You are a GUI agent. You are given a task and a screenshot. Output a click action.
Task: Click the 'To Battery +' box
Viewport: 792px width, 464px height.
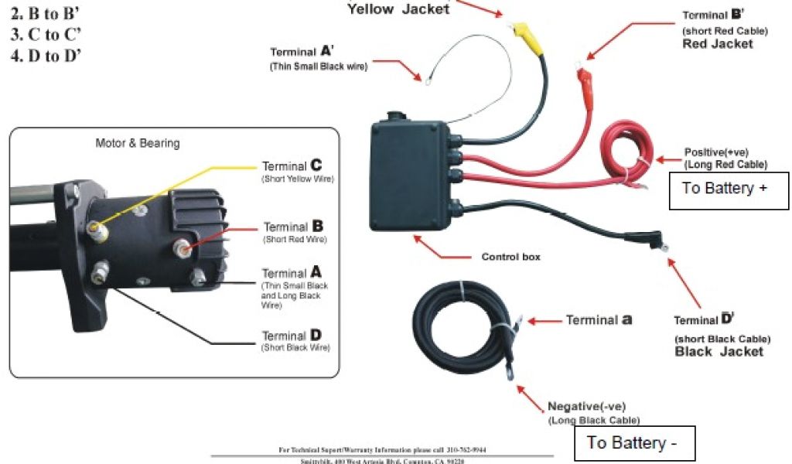(x=724, y=189)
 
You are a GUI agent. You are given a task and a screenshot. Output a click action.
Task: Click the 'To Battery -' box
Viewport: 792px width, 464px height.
(x=634, y=443)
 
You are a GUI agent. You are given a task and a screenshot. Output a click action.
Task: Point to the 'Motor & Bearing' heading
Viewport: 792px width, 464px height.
(x=137, y=143)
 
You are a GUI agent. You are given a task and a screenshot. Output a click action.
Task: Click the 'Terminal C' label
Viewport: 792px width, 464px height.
(x=292, y=166)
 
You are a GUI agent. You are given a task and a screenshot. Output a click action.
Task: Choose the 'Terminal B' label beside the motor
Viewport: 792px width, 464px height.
(x=293, y=227)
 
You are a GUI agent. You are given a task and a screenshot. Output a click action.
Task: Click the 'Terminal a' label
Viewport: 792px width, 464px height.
(x=599, y=320)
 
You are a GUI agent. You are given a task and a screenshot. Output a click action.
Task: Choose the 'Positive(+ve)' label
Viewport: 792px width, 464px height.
(x=716, y=152)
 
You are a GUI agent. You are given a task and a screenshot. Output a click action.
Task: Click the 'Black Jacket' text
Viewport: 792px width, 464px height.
(x=719, y=352)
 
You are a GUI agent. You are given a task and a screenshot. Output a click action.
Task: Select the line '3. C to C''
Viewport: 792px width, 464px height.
(x=46, y=35)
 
